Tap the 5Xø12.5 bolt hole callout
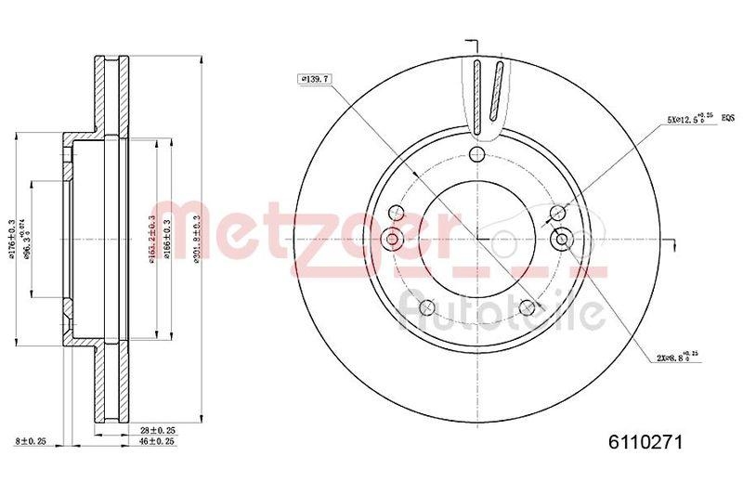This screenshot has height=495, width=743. click(688, 119)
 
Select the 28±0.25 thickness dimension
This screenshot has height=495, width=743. click(157, 432)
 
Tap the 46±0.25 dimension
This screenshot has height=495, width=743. click(157, 443)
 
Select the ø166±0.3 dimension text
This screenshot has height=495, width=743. click(167, 240)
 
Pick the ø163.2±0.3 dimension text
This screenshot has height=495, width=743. click(151, 240)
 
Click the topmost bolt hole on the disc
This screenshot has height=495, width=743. click(476, 154)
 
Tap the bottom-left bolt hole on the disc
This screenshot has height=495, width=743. click(426, 308)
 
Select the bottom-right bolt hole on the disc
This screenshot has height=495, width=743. click(528, 308)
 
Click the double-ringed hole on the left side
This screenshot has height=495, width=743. click(392, 240)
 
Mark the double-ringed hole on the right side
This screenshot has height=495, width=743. click(561, 240)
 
